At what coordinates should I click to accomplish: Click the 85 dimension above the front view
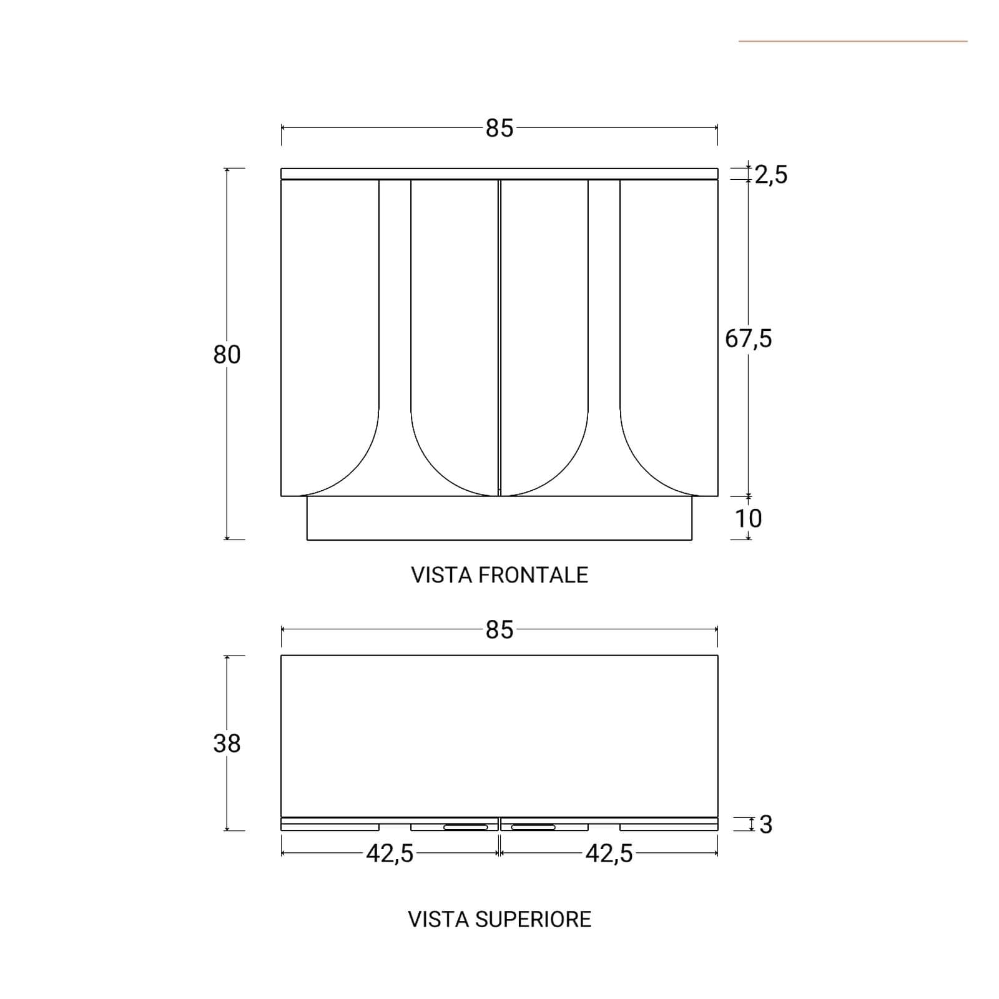pos(499,128)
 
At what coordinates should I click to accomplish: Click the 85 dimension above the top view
pos(499,630)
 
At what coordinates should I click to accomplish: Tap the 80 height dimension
pos(227,355)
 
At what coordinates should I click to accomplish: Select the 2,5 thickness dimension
pos(771,175)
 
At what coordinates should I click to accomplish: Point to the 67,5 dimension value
pos(749,339)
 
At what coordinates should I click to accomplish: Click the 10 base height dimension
pos(748,518)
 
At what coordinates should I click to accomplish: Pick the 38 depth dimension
pos(227,744)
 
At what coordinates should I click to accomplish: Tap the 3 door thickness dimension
pos(766,825)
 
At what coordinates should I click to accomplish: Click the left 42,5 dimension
pos(390,854)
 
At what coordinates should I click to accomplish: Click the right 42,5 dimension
pos(609,854)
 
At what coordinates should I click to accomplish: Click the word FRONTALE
pos(533,575)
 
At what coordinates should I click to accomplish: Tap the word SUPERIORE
pos(533,920)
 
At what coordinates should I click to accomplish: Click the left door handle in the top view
pos(466,827)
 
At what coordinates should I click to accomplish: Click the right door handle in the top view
pos(533,827)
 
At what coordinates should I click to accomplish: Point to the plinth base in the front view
pos(499,518)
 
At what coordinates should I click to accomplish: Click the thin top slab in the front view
pos(499,174)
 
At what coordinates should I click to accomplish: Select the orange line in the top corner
pos(853,41)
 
